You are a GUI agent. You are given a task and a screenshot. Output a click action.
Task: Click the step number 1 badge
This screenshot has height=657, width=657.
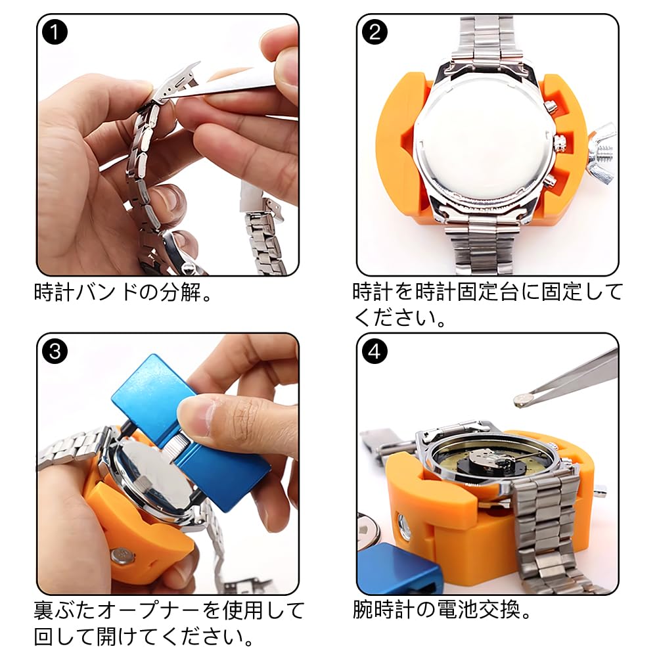(x=55, y=33)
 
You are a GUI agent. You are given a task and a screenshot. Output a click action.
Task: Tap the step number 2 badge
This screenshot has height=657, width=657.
(x=374, y=33)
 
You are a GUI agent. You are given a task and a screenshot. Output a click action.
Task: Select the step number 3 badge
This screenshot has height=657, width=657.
(x=55, y=352)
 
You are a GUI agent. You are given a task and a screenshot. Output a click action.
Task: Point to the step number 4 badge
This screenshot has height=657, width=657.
(x=374, y=352)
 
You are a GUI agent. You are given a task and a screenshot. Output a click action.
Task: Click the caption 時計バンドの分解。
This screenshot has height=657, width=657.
(x=125, y=292)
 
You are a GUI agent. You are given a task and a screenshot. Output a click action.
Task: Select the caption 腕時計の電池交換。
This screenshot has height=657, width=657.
(x=442, y=610)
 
